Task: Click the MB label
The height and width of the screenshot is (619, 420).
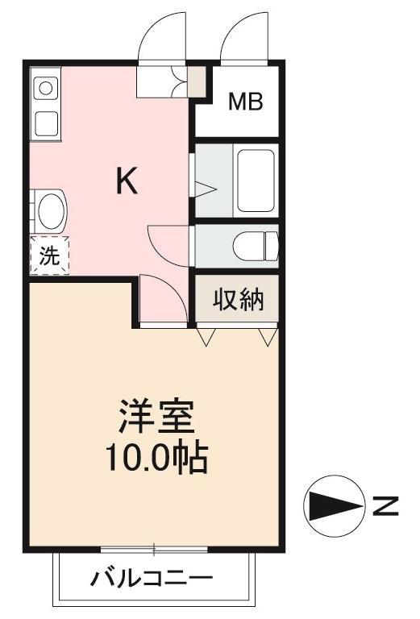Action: pos(246,102)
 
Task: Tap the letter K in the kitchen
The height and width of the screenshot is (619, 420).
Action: pos(127,181)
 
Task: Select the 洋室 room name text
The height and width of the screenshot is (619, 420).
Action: pos(156,417)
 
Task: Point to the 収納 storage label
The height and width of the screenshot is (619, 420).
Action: pos(238,300)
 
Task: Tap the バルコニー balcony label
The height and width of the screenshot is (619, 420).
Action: pos(152,579)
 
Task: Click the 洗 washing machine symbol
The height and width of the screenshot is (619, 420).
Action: pos(49,255)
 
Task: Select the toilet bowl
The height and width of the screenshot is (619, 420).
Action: pos(256,247)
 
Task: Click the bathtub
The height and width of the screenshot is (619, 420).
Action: pos(256,181)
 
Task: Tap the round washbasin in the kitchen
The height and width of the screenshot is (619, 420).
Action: pos(52,211)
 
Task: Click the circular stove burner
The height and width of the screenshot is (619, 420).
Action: pos(46,88)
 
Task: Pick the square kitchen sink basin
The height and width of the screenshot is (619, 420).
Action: pos(47,123)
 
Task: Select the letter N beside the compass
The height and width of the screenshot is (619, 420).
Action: pos(385,505)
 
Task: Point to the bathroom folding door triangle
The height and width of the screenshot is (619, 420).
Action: pos(206,189)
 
